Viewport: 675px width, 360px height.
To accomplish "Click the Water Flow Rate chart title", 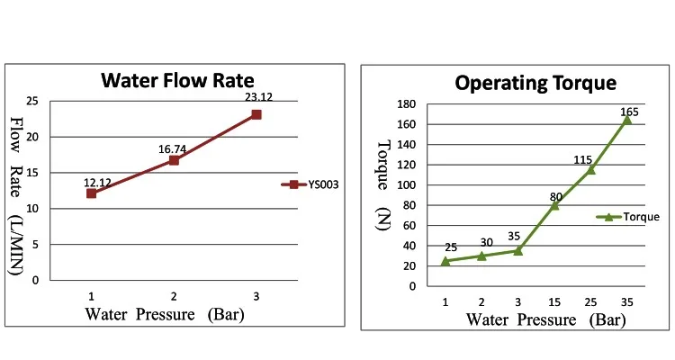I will click(177, 80).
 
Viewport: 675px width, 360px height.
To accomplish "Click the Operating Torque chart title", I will click(535, 83).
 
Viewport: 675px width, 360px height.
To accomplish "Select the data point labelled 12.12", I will click(92, 193).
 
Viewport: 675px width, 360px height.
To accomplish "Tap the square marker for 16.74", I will click(174, 160).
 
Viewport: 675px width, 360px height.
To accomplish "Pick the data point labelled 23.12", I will click(256, 114).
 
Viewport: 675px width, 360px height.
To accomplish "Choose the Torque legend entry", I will click(629, 217).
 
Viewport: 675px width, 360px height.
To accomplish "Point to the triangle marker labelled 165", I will click(627, 120).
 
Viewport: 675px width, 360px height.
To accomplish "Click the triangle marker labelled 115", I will click(591, 170).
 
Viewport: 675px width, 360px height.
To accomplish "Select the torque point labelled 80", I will click(554, 205).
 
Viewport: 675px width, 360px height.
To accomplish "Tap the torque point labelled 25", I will click(445, 261).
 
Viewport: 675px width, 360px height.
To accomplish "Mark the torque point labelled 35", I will click(517, 250).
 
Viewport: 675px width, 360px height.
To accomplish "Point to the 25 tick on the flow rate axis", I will click(33, 101).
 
